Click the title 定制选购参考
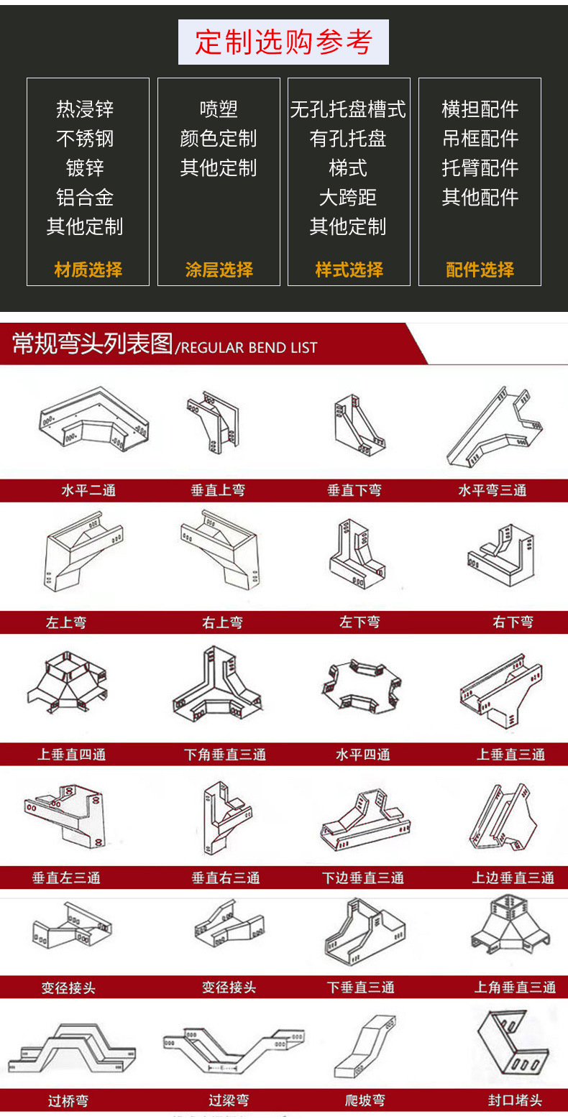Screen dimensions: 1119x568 [283, 42]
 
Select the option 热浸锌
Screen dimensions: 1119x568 [85, 109]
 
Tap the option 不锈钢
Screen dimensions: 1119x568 [85, 139]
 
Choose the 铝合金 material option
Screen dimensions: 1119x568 [85, 198]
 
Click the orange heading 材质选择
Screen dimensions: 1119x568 [88, 270]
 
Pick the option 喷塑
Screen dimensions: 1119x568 [219, 109]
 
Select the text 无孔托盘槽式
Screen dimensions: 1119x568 [348, 109]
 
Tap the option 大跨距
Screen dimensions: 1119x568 [348, 198]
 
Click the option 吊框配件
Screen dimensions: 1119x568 [480, 139]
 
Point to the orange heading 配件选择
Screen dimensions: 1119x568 [480, 270]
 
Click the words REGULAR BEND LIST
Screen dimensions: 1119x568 [249, 349]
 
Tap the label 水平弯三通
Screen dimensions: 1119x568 [493, 491]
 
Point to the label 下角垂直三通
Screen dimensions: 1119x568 [224, 755]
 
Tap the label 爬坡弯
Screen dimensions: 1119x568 [365, 1100]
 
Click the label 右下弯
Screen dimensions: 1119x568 [513, 622]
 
